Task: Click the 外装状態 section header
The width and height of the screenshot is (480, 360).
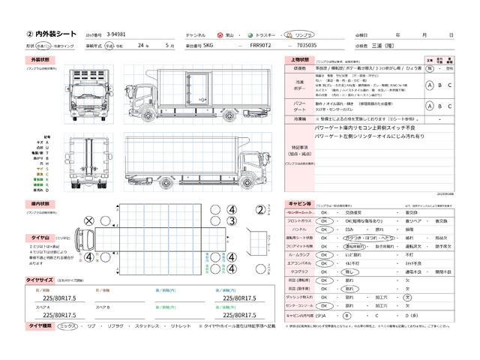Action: tap(40, 58)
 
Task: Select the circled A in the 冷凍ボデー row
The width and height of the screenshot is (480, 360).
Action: tap(429, 85)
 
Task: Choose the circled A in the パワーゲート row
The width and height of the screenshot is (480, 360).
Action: tap(429, 106)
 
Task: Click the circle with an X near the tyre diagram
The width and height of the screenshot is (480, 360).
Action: tap(88, 220)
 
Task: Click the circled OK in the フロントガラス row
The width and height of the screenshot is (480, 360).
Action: tap(324, 221)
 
